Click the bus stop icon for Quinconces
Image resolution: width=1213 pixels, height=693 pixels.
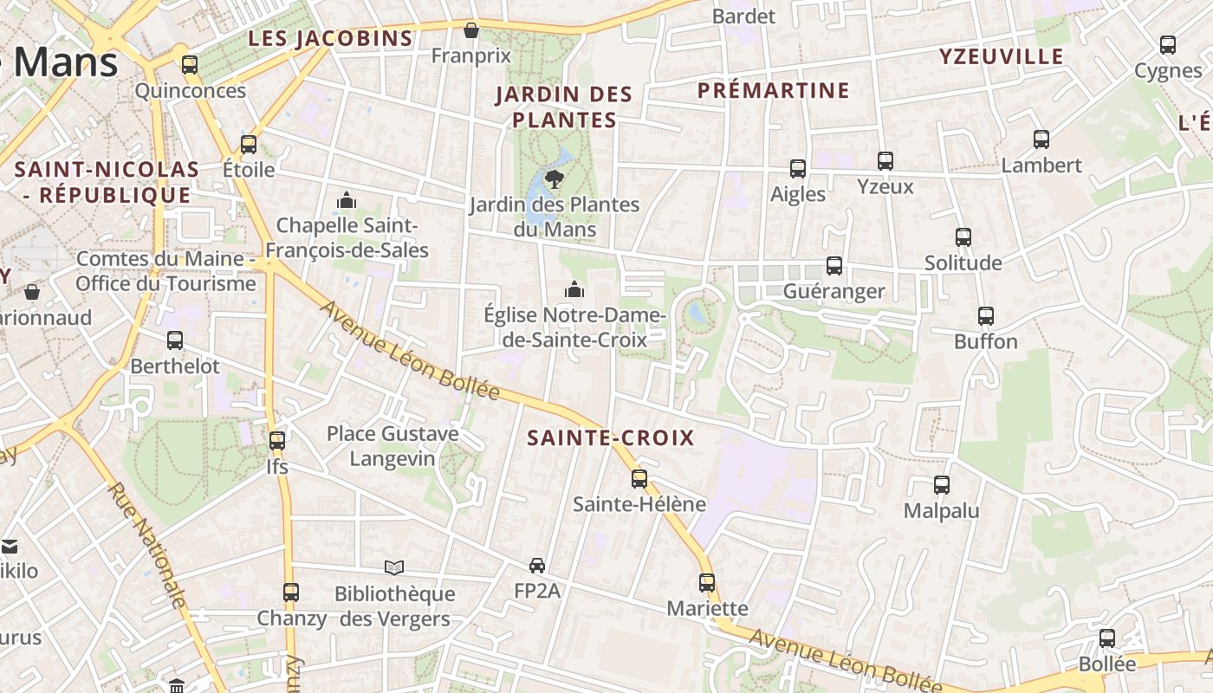pyautogui.click(x=190, y=65)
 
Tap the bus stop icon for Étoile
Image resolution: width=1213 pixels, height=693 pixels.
pyautogui.click(x=249, y=144)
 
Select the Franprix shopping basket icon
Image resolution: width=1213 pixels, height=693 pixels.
pyautogui.click(x=471, y=30)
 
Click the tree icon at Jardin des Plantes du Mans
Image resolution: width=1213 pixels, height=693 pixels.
pyautogui.click(x=554, y=179)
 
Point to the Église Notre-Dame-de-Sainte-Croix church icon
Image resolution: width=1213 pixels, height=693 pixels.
pyautogui.click(x=574, y=289)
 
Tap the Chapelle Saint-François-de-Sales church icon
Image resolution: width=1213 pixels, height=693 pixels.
pyautogui.click(x=347, y=201)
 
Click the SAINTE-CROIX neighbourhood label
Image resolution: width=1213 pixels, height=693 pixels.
pyautogui.click(x=611, y=438)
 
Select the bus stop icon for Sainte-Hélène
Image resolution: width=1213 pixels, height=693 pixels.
pyautogui.click(x=639, y=478)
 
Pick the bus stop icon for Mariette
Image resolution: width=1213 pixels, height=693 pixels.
pyautogui.click(x=707, y=583)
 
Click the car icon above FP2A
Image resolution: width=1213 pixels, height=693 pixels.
pyautogui.click(x=537, y=566)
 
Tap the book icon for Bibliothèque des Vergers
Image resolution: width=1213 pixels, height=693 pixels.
pyautogui.click(x=394, y=567)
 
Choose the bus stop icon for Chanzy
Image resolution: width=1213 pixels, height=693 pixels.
pyautogui.click(x=291, y=593)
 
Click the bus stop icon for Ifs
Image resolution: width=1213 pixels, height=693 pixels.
pyautogui.click(x=277, y=440)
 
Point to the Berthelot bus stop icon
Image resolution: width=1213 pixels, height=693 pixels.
pyautogui.click(x=175, y=340)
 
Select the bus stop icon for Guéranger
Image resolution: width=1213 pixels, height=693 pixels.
pyautogui.click(x=834, y=266)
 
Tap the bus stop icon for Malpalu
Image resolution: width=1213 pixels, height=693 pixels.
pyautogui.click(x=942, y=485)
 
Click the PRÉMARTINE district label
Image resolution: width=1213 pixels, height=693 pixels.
pyautogui.click(x=773, y=90)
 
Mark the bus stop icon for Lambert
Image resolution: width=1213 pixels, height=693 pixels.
pyautogui.click(x=1041, y=139)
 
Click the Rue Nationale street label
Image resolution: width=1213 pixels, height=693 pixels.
pyautogui.click(x=146, y=547)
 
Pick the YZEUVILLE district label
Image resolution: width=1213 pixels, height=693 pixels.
pyautogui.click(x=1001, y=57)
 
